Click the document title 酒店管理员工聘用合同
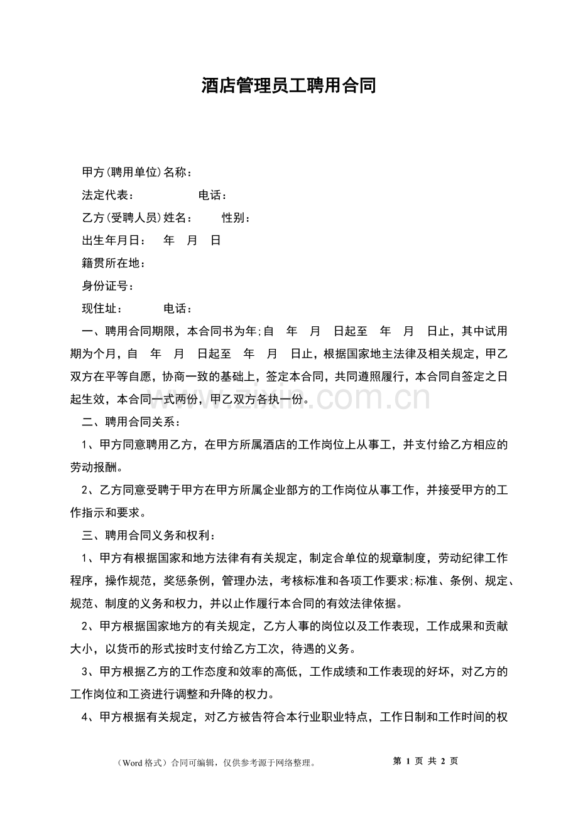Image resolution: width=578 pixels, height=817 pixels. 289,86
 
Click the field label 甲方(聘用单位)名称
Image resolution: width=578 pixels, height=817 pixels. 136,173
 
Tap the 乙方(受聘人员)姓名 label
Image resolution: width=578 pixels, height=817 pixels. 136,218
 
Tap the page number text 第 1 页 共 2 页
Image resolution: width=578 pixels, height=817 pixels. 425,761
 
